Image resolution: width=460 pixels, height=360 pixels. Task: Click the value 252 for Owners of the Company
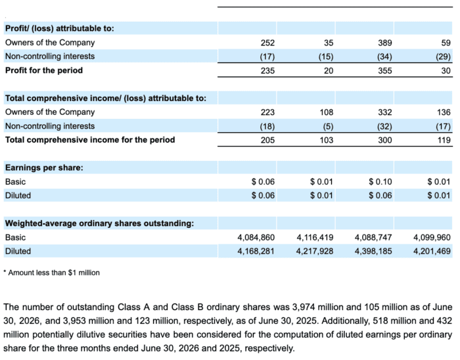(267, 43)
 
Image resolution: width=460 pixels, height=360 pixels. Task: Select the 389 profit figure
(385, 43)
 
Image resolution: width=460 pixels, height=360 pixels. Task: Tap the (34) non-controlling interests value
(384, 56)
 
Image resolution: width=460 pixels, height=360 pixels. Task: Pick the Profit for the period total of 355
(385, 71)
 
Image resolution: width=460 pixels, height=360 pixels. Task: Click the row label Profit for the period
(44, 70)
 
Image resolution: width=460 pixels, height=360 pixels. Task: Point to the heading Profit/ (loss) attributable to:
(60, 28)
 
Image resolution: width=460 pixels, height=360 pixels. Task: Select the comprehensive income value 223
(267, 112)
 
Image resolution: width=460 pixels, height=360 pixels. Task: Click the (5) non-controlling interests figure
(328, 126)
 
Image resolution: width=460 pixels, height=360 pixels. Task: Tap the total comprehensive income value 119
(444, 140)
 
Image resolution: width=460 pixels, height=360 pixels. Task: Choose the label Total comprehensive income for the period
(90, 140)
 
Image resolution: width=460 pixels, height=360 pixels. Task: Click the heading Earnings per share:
(44, 168)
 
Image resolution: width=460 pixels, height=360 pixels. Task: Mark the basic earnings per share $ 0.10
(380, 182)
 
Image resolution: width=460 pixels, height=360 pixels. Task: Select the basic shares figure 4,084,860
(256, 237)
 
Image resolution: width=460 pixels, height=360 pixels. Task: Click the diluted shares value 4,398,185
(373, 251)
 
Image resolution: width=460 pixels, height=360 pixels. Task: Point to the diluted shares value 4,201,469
(432, 251)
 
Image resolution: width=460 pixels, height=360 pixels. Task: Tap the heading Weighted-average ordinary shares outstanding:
(99, 223)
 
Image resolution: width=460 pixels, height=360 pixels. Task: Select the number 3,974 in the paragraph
(304, 307)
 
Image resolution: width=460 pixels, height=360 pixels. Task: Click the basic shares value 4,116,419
(315, 237)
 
